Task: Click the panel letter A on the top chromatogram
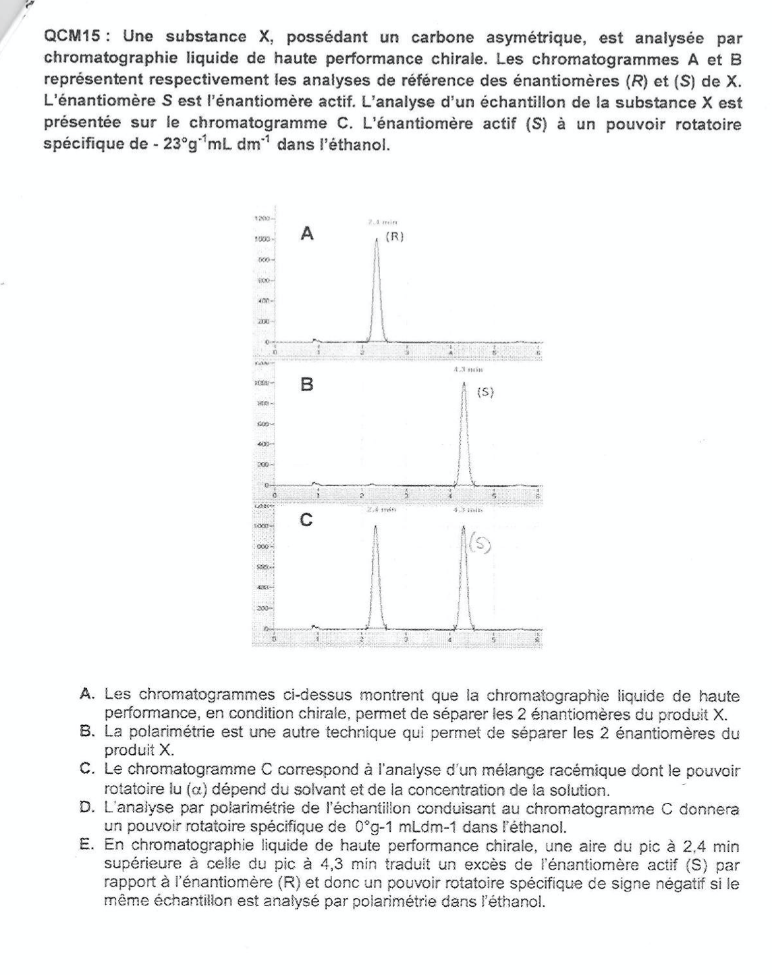307,234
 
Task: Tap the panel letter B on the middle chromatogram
307,385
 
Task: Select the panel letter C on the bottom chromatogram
306,521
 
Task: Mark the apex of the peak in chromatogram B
464,384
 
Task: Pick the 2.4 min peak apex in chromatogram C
375,525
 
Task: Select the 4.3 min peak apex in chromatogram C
464,525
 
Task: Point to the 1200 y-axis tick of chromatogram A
262,220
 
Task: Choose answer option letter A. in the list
86,695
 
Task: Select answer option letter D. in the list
86,808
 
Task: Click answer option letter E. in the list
86,845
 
